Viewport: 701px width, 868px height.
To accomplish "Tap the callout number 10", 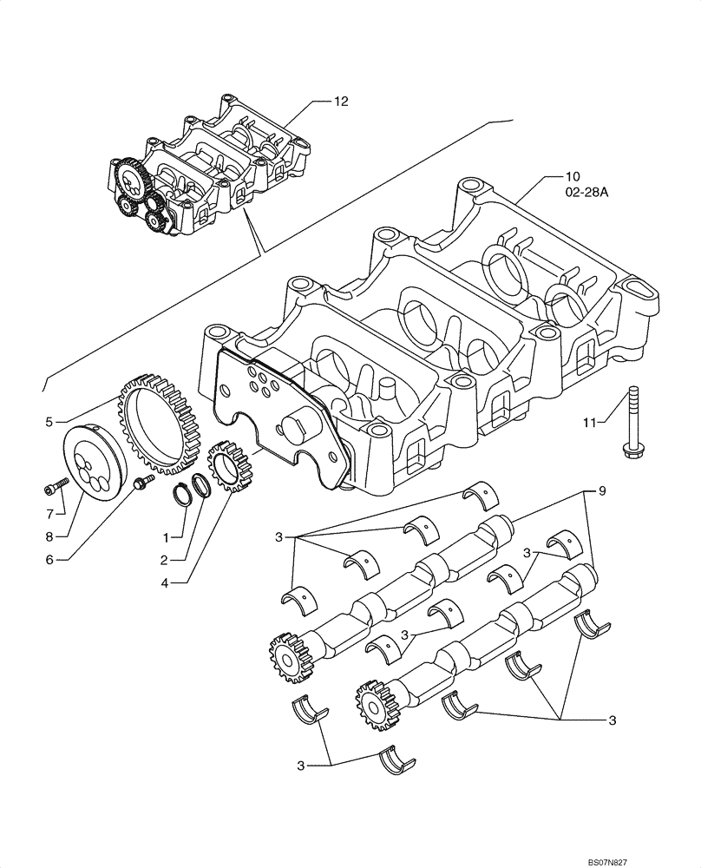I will [552, 177].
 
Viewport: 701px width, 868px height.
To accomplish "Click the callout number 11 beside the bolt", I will [590, 422].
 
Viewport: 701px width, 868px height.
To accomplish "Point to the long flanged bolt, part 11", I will [632, 420].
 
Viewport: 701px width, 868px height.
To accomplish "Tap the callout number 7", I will [49, 513].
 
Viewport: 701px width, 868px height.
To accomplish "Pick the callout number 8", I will [49, 536].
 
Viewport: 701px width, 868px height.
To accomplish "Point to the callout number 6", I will [49, 560].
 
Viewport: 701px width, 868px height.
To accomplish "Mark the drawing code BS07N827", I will [660, 859].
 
